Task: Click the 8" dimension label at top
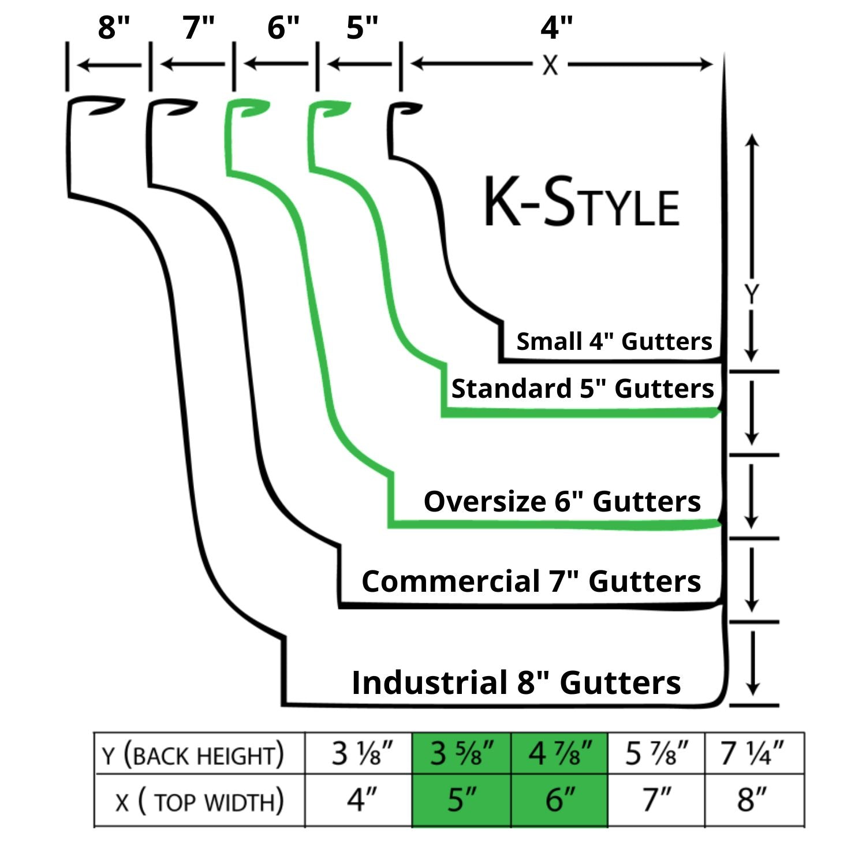[114, 27]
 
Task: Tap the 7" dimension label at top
[199, 27]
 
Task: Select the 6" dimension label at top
[283, 27]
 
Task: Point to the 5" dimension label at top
[362, 27]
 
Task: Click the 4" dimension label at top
[557, 27]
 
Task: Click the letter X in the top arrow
[550, 65]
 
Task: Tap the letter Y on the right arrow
[751, 294]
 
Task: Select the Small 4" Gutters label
[614, 341]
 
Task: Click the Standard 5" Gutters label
[582, 389]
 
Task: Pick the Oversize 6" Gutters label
[562, 501]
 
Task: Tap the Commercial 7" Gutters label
[531, 581]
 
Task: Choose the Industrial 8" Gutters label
[516, 682]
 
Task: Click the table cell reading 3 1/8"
[361, 753]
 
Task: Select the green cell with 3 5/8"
[461, 753]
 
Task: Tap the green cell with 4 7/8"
[559, 753]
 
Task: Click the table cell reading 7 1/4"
[753, 753]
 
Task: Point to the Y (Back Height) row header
[193, 755]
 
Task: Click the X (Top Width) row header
[199, 801]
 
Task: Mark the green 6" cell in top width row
[559, 800]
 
